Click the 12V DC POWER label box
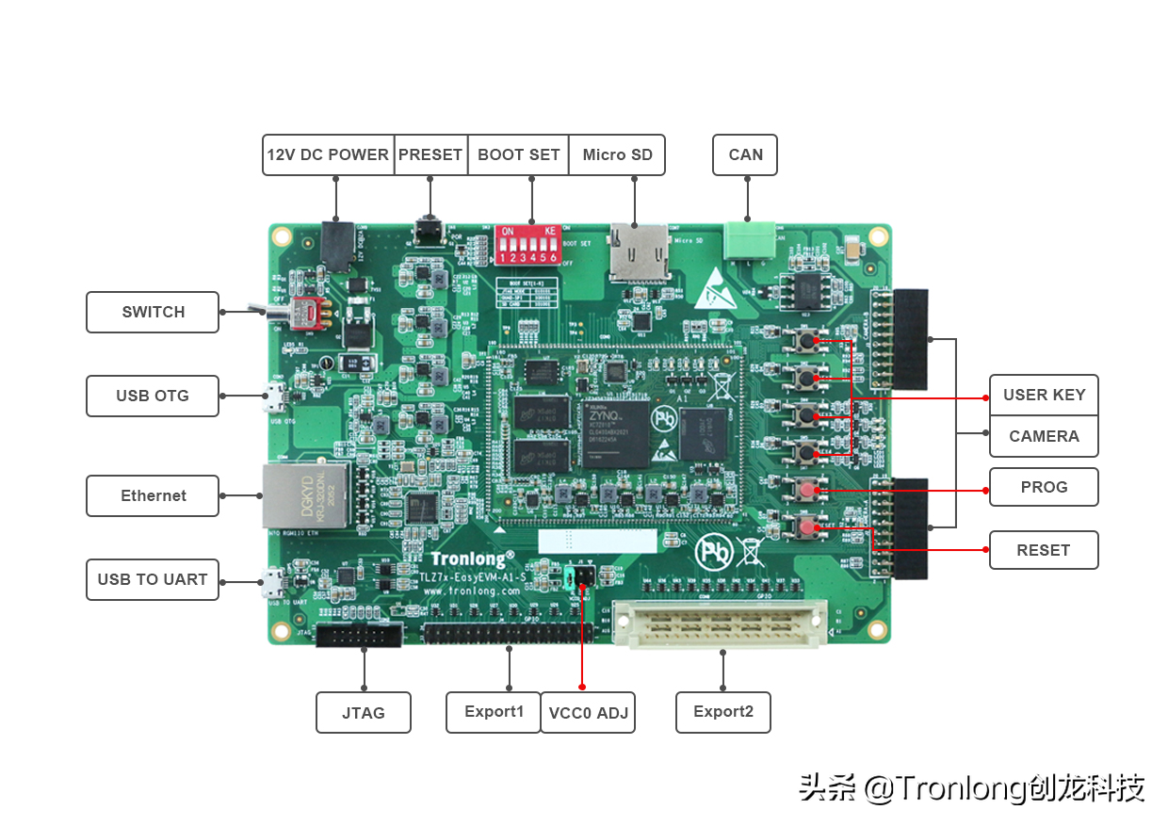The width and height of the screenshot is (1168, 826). [x=328, y=154]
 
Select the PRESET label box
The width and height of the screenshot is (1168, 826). [x=430, y=154]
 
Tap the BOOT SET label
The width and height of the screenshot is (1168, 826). [x=518, y=154]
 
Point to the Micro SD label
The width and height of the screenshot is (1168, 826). [x=617, y=154]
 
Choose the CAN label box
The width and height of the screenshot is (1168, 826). [x=745, y=154]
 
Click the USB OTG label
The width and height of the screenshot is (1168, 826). [x=153, y=396]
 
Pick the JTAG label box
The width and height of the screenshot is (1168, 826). [x=364, y=713]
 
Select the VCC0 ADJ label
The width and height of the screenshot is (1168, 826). [x=588, y=713]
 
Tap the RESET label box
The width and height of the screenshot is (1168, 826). [x=1044, y=550]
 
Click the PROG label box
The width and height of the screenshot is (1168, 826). [x=1044, y=487]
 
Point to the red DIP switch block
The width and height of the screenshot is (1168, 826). [x=527, y=245]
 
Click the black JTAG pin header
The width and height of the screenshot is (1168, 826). [x=359, y=636]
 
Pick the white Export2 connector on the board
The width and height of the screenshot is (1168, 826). [x=721, y=624]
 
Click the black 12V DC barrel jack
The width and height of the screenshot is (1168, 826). [x=336, y=244]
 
